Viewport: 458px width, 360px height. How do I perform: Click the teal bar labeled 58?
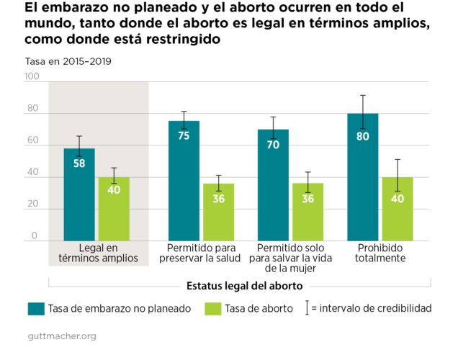point(79,194)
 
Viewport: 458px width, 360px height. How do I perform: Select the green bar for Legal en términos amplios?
point(114,209)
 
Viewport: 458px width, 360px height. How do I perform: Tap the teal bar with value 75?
point(184,181)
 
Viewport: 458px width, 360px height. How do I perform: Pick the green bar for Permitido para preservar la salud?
point(219,212)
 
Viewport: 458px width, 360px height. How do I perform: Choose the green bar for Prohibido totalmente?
point(397,209)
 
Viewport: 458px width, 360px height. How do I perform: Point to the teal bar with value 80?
point(362,177)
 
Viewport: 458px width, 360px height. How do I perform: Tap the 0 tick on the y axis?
point(35,236)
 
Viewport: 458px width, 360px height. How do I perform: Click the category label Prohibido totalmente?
point(380,253)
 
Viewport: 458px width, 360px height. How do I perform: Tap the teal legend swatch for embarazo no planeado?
point(36,309)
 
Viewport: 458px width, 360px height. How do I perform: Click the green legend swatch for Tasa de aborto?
point(212,309)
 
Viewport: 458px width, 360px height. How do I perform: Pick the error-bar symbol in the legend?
point(308,308)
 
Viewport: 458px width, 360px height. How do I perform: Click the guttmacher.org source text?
point(62,336)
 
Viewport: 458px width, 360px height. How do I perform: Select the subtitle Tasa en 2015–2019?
point(68,61)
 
